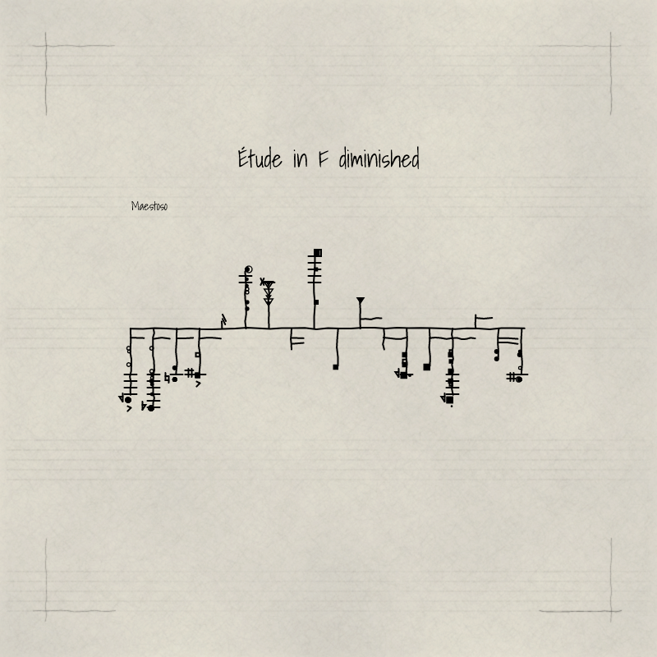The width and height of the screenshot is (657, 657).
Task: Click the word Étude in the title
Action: click(260, 158)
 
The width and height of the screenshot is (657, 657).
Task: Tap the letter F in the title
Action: click(323, 159)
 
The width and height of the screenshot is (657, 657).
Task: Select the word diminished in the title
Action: click(379, 158)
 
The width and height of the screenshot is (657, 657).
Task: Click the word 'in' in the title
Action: click(301, 159)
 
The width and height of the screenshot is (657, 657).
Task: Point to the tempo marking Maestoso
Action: click(149, 206)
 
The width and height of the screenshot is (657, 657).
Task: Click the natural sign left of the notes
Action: click(168, 378)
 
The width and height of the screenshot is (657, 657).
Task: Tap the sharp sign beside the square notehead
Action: click(190, 373)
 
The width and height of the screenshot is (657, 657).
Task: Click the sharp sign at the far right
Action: click(512, 377)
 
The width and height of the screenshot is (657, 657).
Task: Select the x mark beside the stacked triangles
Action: click(262, 281)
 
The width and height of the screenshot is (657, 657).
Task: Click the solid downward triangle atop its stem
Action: click(361, 300)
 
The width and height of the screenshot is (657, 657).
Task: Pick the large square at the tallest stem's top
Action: click(318, 253)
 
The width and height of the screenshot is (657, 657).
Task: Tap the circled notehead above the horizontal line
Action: click(249, 269)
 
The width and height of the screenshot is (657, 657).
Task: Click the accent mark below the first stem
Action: click(129, 408)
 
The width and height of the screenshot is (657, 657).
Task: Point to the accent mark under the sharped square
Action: click(198, 384)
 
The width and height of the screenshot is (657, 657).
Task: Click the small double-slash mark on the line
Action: click(223, 321)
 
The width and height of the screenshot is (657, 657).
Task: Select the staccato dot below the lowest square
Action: click(451, 406)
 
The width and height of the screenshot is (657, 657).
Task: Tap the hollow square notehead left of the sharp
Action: click(197, 355)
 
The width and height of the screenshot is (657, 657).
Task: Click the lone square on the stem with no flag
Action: click(336, 367)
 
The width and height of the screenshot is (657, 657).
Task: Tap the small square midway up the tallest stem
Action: click(316, 302)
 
